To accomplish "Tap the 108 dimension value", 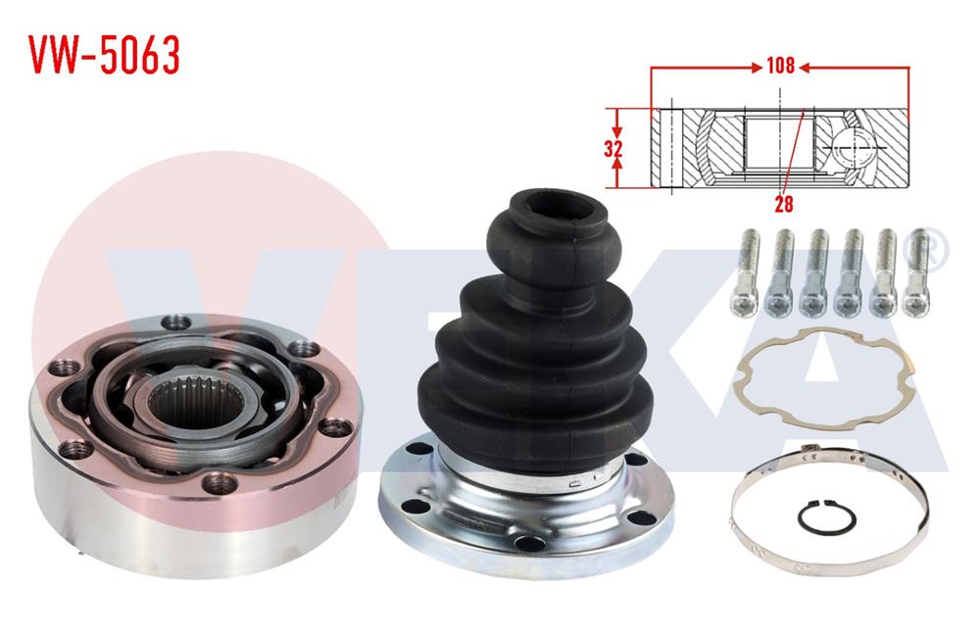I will pyautogui.click(x=780, y=68).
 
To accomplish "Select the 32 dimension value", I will pyautogui.click(x=614, y=149).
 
